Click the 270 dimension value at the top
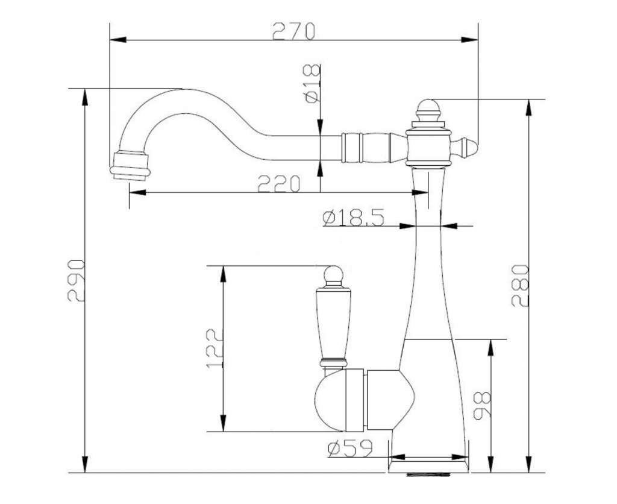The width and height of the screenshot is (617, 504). click(x=293, y=31)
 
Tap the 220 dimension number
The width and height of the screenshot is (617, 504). click(x=278, y=183)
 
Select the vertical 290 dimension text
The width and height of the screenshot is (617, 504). click(x=76, y=280)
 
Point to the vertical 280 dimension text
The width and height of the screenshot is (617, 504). click(x=519, y=285)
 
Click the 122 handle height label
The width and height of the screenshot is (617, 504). click(x=215, y=348)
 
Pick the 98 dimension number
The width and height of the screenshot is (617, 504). click(x=482, y=405)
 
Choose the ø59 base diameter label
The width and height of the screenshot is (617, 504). click(x=349, y=449)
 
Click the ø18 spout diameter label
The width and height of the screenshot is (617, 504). click(x=312, y=84)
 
